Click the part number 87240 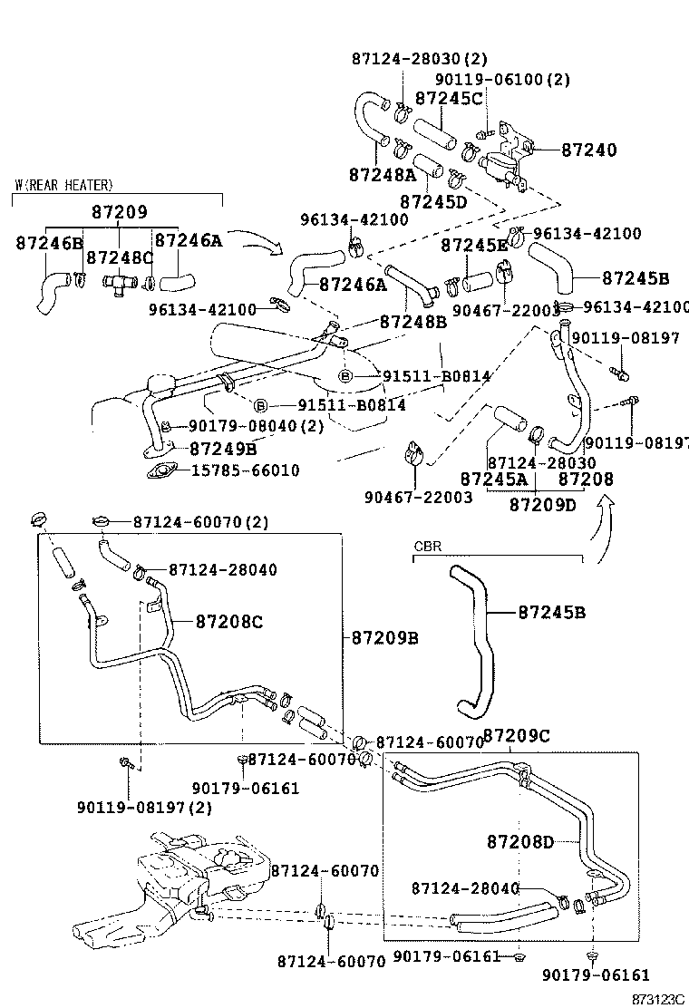(x=588, y=150)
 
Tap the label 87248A (x=381, y=173)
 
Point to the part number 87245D (x=433, y=200)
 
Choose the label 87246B (x=50, y=242)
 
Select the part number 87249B (x=223, y=448)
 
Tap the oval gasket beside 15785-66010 (x=165, y=470)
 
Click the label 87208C (x=229, y=622)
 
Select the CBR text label (x=427, y=548)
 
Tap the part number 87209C (x=516, y=735)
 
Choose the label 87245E (x=475, y=245)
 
